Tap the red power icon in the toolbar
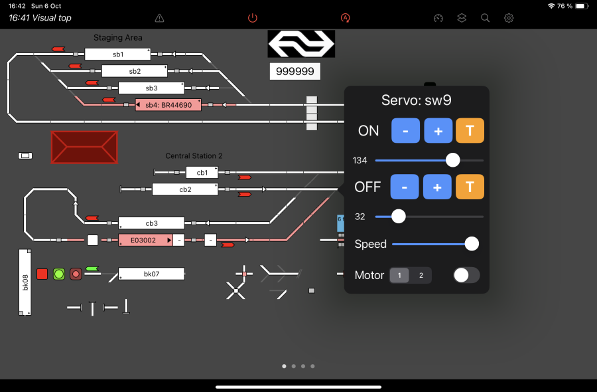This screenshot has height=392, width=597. (x=253, y=18)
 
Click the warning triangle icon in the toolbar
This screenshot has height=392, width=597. (x=160, y=18)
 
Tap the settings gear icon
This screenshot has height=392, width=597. (x=509, y=18)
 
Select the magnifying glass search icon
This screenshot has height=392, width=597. (x=486, y=18)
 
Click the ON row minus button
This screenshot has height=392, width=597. (x=405, y=131)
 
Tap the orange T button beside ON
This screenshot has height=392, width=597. (x=470, y=131)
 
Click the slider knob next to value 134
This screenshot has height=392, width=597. (x=453, y=160)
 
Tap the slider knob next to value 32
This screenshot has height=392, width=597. (x=399, y=217)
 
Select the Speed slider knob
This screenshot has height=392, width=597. (x=472, y=244)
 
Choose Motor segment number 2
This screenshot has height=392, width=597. (x=421, y=275)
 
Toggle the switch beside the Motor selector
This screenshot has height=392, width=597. (x=466, y=275)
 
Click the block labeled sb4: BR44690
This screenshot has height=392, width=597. (x=168, y=105)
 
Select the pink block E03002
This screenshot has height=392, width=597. (x=144, y=241)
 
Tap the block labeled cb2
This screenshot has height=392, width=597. (x=185, y=189)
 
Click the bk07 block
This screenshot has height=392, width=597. (x=151, y=274)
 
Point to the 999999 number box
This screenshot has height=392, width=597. (x=295, y=72)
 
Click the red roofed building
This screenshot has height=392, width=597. (x=84, y=147)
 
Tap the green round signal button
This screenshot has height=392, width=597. (x=59, y=274)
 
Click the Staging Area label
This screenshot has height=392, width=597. (x=118, y=38)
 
